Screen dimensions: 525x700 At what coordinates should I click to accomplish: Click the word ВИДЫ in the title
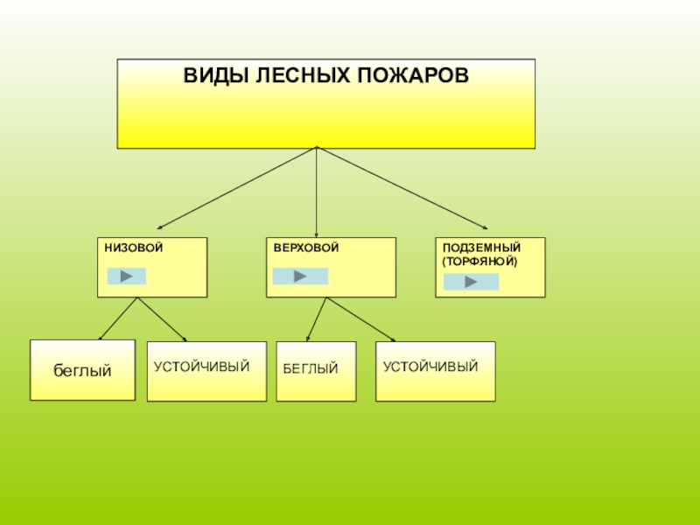click(x=206, y=75)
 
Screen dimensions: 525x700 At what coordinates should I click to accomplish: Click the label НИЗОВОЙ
click(x=134, y=248)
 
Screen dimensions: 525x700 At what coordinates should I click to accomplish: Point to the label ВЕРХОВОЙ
click(x=305, y=248)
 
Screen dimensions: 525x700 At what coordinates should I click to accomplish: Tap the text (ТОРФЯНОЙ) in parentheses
click(x=480, y=261)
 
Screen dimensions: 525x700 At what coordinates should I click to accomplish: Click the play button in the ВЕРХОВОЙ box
click(x=300, y=276)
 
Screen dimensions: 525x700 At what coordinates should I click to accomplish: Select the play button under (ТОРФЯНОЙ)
click(x=471, y=282)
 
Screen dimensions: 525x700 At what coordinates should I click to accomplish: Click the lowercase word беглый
click(x=82, y=371)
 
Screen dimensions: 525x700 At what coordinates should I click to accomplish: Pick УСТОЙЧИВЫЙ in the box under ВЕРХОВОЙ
click(x=430, y=366)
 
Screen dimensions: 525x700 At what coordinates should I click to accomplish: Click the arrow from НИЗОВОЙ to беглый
click(x=117, y=319)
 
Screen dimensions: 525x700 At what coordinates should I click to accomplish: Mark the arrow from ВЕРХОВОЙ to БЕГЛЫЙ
click(x=316, y=319)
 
